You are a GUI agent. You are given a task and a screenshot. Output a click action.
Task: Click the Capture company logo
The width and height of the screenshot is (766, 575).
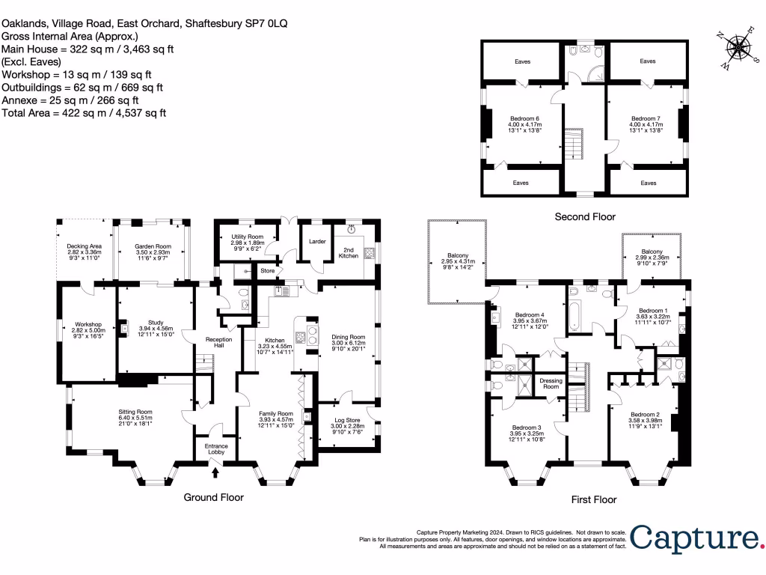tap(695, 538)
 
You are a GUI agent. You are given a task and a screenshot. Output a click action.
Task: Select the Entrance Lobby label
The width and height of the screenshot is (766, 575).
tap(215, 448)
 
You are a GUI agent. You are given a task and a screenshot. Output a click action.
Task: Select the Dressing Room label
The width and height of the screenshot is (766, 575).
tap(551, 383)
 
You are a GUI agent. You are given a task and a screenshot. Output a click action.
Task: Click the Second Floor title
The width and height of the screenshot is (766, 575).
tap(585, 217)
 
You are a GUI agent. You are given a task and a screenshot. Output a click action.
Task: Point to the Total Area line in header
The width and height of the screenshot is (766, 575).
tap(84, 113)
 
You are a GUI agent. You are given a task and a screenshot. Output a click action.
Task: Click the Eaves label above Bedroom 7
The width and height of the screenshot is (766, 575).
tap(648, 61)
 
